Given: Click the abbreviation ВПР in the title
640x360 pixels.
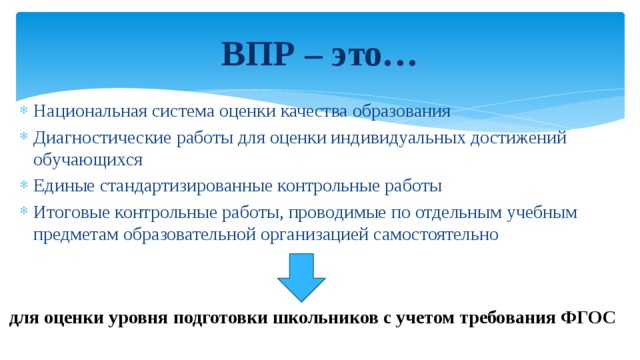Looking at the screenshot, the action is tap(258, 54).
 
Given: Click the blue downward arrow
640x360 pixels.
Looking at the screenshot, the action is tap(301, 278).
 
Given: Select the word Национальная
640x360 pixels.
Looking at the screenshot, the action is tap(90, 111).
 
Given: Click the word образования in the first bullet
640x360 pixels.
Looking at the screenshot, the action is tap(402, 112).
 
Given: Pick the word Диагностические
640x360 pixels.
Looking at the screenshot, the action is tap(102, 138).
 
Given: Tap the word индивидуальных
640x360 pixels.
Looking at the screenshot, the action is tap(398, 138).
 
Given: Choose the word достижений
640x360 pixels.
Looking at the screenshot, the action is tap(518, 138).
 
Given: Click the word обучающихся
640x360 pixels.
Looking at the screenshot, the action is tap(88, 160).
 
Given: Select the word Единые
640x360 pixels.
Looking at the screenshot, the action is tap(64, 186).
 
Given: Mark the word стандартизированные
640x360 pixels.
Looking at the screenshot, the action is tap(186, 187).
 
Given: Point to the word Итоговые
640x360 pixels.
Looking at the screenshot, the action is tap(71, 213).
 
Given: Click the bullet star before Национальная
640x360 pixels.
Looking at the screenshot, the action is tap(24, 110).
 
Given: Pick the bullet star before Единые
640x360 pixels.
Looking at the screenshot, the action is tap(24, 186).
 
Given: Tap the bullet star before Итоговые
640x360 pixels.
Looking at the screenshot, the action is tap(24, 211).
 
